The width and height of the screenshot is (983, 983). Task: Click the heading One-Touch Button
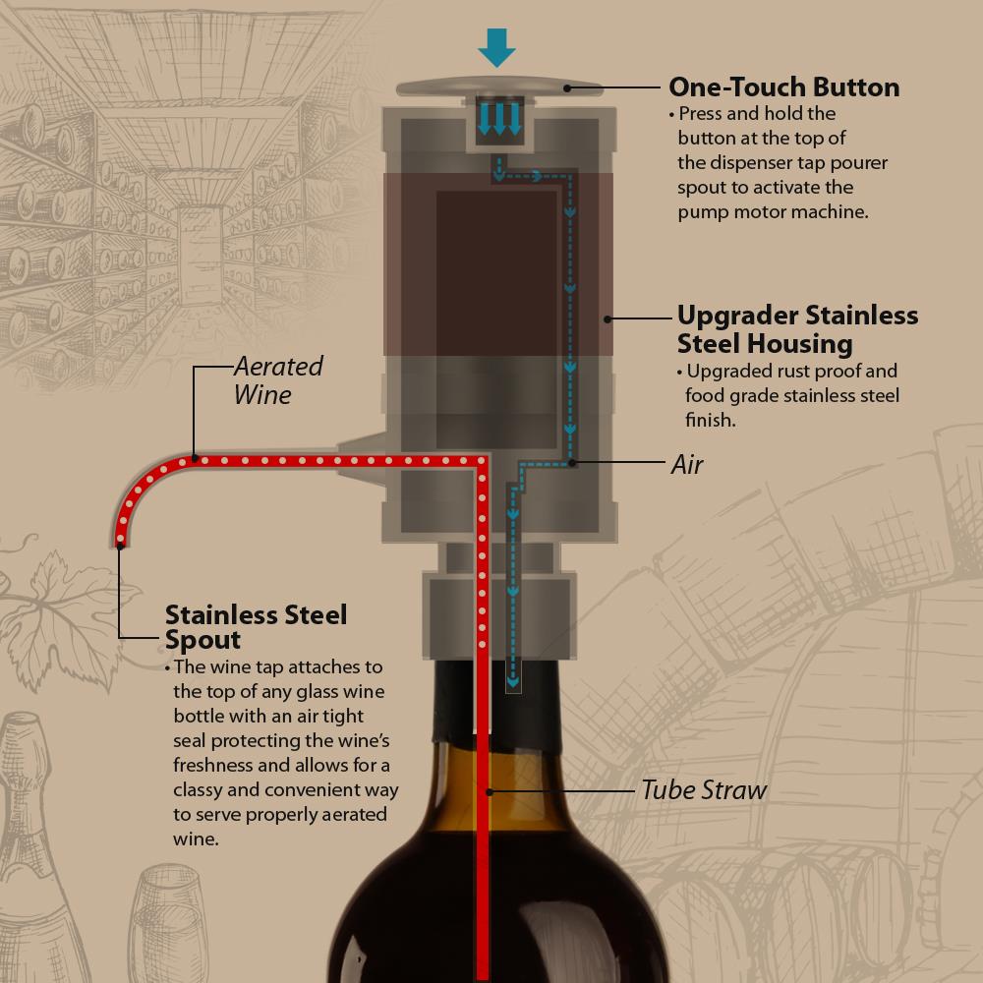click(783, 87)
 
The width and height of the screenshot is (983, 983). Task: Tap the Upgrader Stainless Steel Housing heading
click(797, 329)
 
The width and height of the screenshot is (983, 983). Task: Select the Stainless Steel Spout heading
click(256, 627)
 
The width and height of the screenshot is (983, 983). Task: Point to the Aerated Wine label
click(277, 380)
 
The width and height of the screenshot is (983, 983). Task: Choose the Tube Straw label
click(703, 789)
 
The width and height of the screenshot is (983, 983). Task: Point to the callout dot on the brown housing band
click(608, 318)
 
